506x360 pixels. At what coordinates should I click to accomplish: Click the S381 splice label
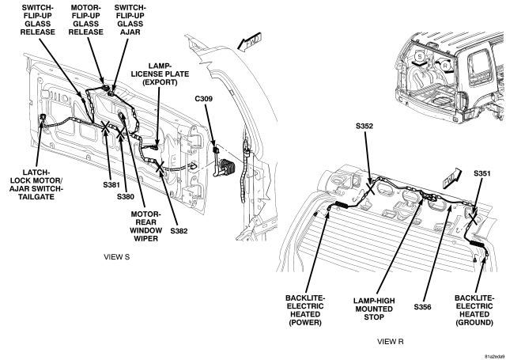tap(111, 185)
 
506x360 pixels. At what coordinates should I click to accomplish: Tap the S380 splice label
tap(125, 197)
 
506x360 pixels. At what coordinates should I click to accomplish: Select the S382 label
tap(179, 231)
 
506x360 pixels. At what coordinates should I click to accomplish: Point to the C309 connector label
tap(204, 99)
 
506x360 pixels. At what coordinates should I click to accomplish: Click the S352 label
tap(364, 127)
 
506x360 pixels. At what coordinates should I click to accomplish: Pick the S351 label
tap(482, 174)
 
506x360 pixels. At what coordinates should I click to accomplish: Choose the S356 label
tap(422, 307)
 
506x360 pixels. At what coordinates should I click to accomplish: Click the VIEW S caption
tap(116, 257)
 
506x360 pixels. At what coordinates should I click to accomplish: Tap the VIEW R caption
tap(391, 342)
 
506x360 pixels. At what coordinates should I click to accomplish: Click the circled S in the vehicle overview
tap(420, 56)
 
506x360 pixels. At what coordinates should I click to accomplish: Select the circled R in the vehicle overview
tap(446, 66)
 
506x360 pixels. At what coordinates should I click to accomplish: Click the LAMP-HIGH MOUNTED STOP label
tap(374, 309)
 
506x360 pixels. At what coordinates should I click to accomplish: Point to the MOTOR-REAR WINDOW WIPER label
tap(145, 226)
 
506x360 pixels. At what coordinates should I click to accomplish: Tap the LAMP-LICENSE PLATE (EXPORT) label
tap(160, 74)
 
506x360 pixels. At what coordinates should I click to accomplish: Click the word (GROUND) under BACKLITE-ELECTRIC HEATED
tap(474, 323)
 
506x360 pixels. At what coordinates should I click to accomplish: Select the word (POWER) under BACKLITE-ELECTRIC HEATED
tap(305, 323)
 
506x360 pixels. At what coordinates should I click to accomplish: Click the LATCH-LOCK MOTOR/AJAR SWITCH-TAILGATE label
tap(36, 184)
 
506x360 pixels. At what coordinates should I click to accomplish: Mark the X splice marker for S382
tap(160, 167)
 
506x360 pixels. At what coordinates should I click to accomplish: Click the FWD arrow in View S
tap(249, 41)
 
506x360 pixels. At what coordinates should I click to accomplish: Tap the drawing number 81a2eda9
tap(495, 357)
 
